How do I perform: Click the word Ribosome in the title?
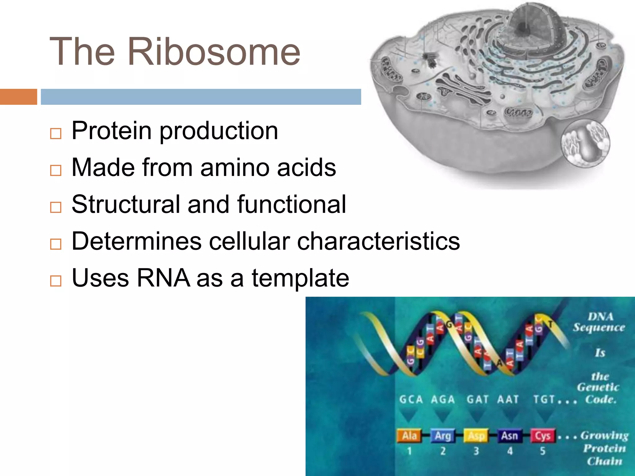tap(214, 52)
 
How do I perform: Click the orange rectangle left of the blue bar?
tap(18, 97)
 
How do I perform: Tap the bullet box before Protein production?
tap(56, 134)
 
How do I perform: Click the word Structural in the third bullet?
tap(126, 205)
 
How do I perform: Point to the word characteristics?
tap(378, 241)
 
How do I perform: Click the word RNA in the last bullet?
tap(163, 278)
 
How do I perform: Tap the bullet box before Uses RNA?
tap(56, 281)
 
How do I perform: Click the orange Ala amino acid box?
tap(409, 436)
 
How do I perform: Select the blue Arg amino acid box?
tap(442, 436)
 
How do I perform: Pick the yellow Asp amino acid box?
tap(476, 436)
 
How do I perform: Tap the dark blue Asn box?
tap(509, 436)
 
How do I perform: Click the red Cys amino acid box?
tap(543, 436)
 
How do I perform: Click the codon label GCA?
tap(411, 399)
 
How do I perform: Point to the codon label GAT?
tap(477, 399)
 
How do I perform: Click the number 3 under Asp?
tap(476, 451)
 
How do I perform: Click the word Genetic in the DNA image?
tap(598, 387)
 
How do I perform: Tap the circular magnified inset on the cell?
tap(585, 143)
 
